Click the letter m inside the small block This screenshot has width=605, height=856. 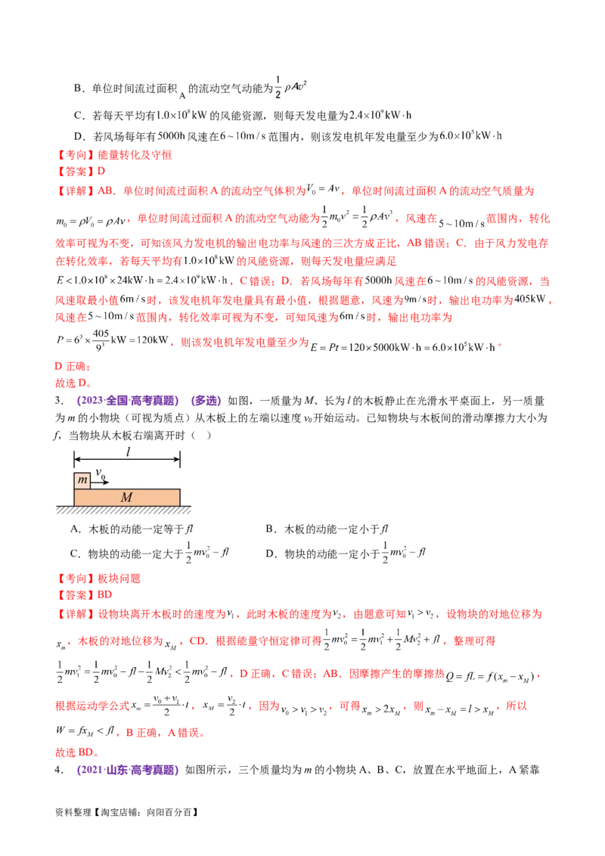coord(82,481)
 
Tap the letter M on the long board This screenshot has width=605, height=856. coord(126,497)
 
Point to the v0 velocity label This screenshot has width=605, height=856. coord(101,472)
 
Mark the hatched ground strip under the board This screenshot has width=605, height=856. coord(123,510)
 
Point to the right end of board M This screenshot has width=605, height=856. coord(179,497)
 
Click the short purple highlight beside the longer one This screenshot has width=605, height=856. coord(206,401)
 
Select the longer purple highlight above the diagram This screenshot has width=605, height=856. coord(128,401)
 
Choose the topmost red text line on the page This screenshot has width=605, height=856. coord(115,154)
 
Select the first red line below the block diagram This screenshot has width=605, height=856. coord(100,578)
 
